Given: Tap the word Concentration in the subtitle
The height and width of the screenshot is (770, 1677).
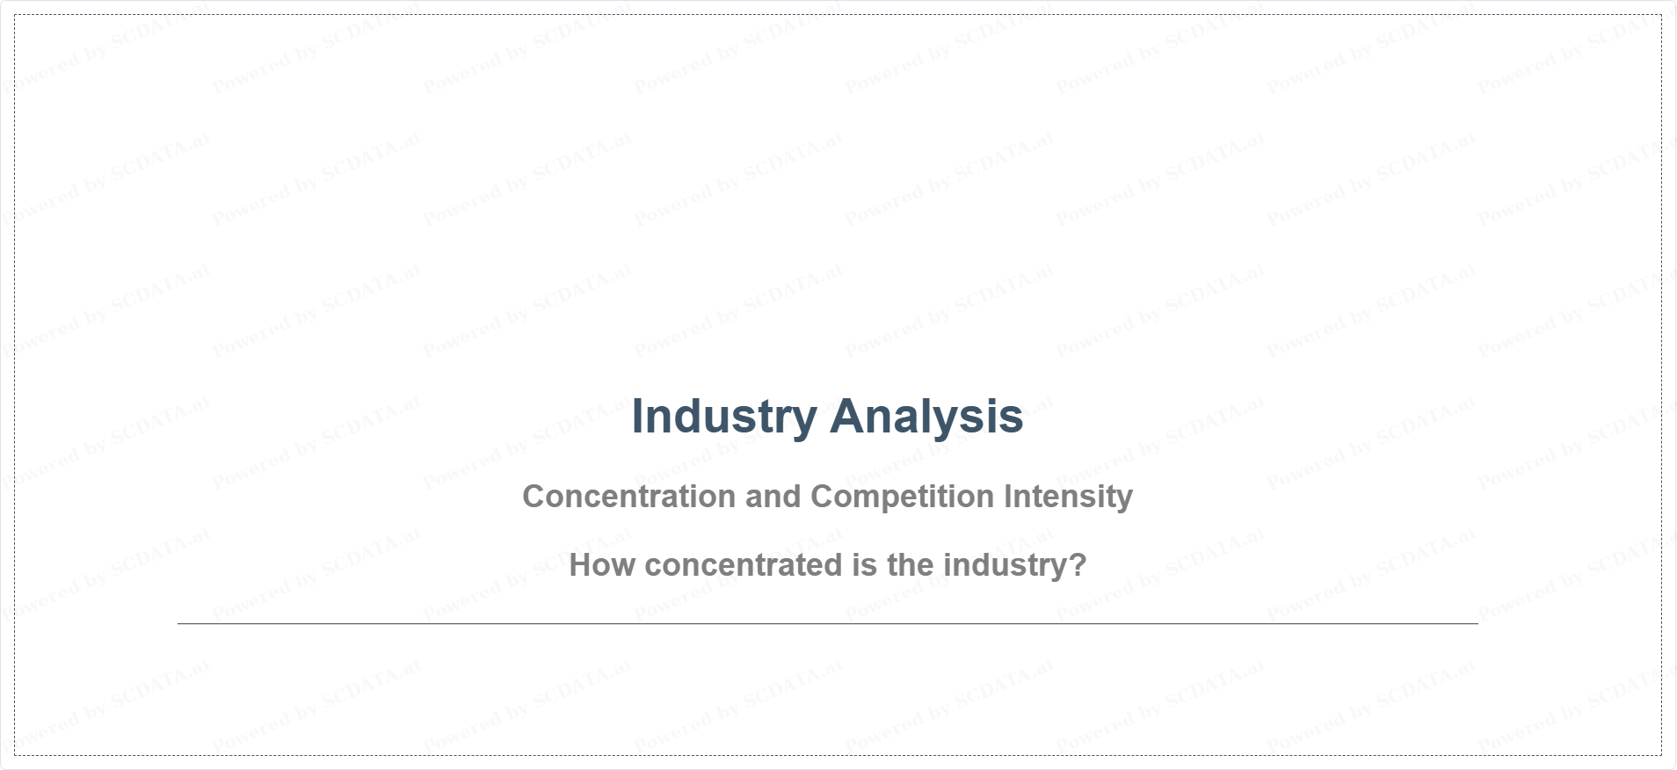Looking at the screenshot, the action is point(629,497).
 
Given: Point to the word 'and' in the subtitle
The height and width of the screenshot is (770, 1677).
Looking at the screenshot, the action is point(773,497).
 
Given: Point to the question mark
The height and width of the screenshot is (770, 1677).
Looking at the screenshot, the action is point(1078,565).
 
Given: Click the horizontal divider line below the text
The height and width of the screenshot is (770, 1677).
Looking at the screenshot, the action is point(828,623).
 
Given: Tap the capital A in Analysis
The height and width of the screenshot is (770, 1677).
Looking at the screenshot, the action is point(847,416).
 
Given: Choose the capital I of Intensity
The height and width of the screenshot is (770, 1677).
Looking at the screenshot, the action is point(1008,497).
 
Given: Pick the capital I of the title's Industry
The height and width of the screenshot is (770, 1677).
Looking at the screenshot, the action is point(637,416).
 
